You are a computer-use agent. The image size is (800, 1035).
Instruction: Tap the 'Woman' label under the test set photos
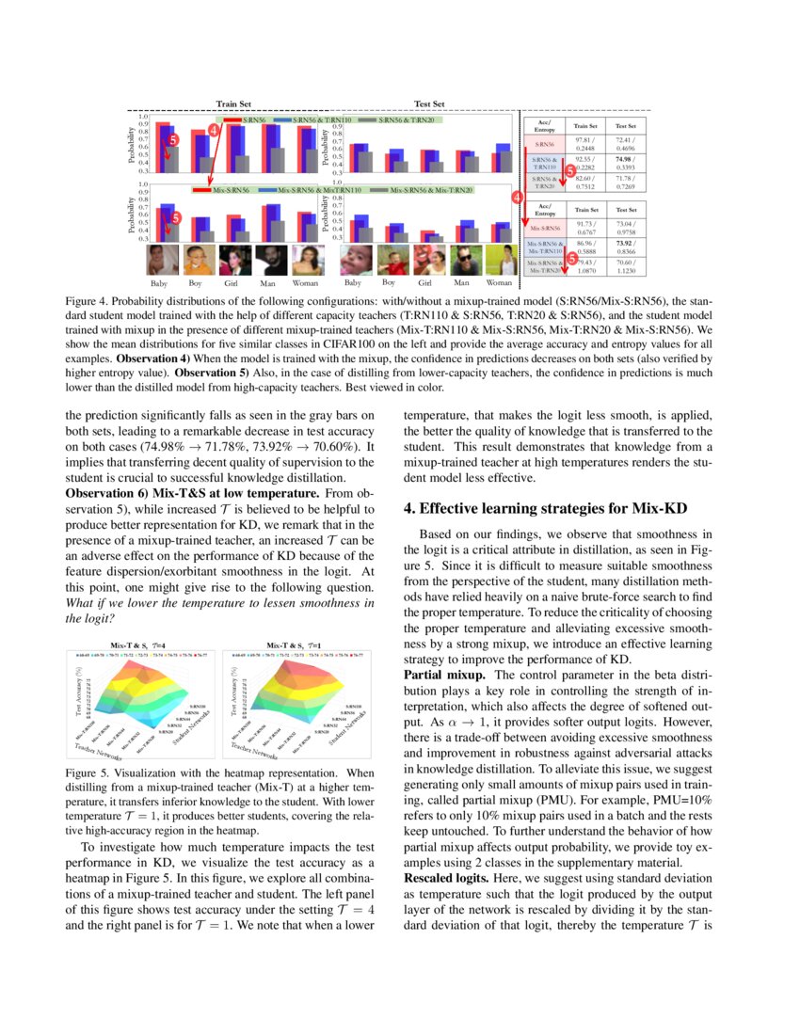coord(499,282)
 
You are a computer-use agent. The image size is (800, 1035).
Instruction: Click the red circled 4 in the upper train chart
coord(214,131)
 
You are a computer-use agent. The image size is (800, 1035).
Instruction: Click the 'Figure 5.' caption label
coord(88,772)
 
